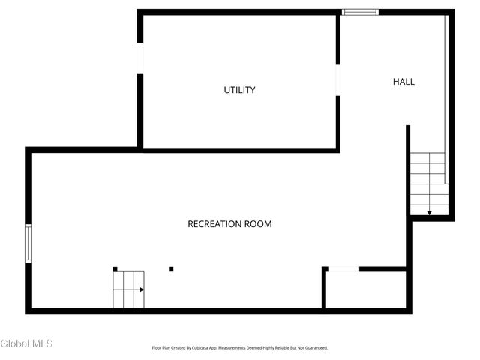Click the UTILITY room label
[x=239, y=90]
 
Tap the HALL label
[x=403, y=82]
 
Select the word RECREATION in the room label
[x=213, y=224]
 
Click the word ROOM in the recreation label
[x=257, y=224]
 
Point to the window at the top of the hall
[x=359, y=12]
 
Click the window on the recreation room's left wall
[x=28, y=243]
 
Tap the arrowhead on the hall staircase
[x=429, y=213]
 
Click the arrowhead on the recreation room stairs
[x=141, y=289]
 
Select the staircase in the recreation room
[x=127, y=289]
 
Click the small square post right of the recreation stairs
[x=171, y=268]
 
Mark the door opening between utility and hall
[x=338, y=79]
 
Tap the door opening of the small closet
[x=344, y=268]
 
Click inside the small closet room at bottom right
[x=365, y=289]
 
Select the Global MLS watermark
[x=27, y=343]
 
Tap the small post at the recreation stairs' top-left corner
[x=115, y=268]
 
